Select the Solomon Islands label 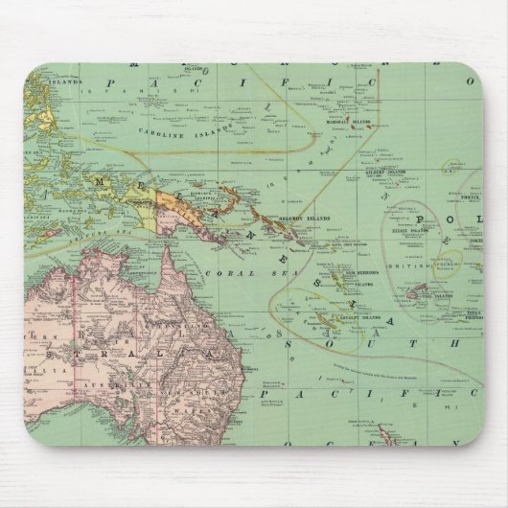point(305,220)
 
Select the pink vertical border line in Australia point(75,326)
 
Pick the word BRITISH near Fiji point(406,266)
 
